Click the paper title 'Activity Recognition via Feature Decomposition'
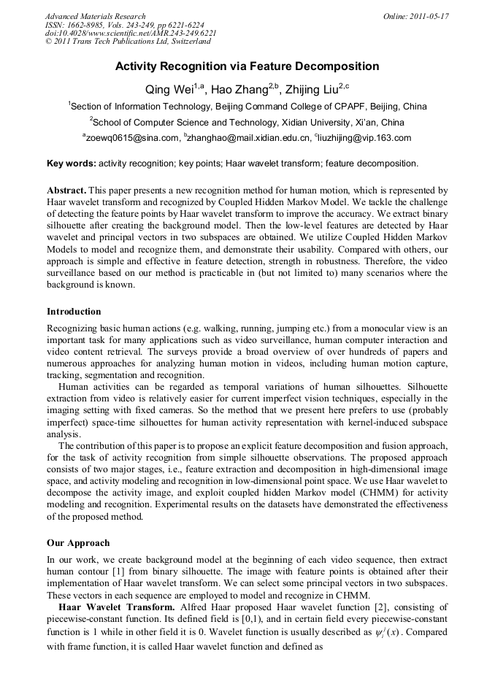click(x=247, y=66)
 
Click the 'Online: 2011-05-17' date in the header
click(x=415, y=16)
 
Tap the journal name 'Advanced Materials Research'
click(x=95, y=16)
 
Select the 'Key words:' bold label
click(x=71, y=164)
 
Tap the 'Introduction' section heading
click(x=74, y=312)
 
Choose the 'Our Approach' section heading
click(x=78, y=543)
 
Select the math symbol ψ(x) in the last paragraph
click(x=379, y=632)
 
